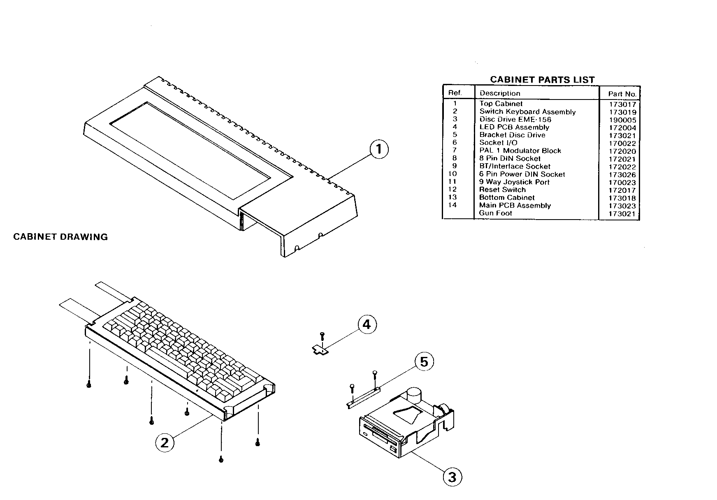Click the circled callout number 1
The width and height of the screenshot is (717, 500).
pos(379,149)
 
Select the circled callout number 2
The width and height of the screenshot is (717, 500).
pos(165,442)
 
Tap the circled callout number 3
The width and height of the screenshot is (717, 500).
pos(452,477)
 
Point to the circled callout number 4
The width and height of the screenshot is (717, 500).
pos(367,324)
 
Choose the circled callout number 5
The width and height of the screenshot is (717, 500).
pos(424,361)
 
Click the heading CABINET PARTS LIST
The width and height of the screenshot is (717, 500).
pos(542,79)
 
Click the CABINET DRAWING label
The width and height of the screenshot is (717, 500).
pos(60,237)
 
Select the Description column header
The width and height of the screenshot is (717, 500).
pos(500,93)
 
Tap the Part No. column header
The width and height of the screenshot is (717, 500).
pos(622,94)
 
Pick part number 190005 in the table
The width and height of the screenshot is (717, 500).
pos(622,120)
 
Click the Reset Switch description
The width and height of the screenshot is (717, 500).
pos(502,190)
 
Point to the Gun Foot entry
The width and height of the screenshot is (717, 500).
pos(496,213)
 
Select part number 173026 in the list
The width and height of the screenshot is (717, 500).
pos(622,175)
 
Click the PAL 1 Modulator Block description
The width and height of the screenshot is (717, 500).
pos(520,150)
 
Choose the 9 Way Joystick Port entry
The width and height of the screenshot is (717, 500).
pos(514,182)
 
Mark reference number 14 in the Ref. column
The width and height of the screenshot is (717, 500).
pos(452,205)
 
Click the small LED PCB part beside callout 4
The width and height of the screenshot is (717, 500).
pos(320,350)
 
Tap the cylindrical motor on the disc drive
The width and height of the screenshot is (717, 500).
pos(414,395)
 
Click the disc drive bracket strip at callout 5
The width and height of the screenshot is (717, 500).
pos(363,397)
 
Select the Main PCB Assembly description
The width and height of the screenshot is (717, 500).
pos(515,205)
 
